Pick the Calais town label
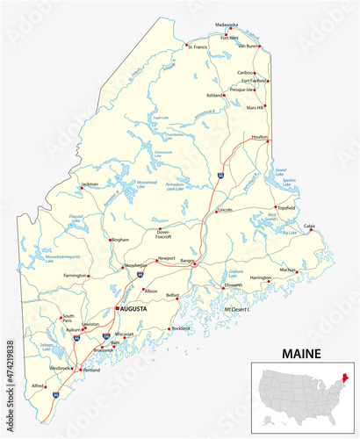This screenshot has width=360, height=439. (309, 226)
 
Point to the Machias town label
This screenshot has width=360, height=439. (288, 269)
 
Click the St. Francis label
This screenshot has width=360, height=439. (197, 46)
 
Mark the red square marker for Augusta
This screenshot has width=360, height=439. (117, 309)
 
